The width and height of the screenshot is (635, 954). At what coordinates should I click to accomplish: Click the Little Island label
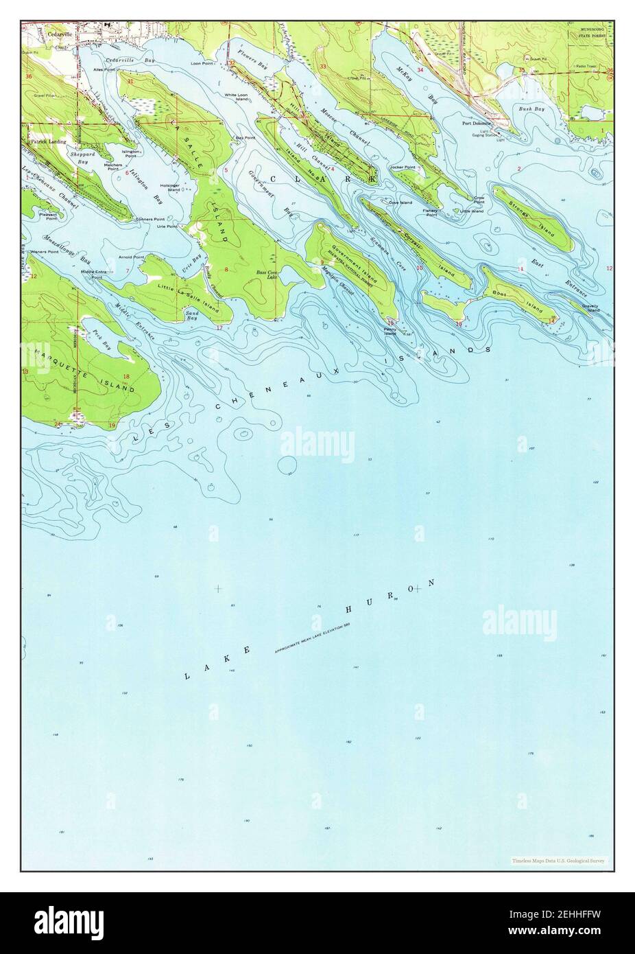[x=472, y=211]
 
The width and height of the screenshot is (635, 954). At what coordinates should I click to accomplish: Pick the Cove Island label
[x=400, y=202]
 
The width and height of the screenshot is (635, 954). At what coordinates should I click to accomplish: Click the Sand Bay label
[x=192, y=316]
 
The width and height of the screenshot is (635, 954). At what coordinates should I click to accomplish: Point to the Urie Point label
[x=167, y=226]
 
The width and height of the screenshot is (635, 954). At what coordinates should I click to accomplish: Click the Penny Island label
[x=390, y=331]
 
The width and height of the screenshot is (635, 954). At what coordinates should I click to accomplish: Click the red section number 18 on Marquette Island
[x=127, y=377]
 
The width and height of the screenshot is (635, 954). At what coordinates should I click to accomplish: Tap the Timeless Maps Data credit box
[x=558, y=860]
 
